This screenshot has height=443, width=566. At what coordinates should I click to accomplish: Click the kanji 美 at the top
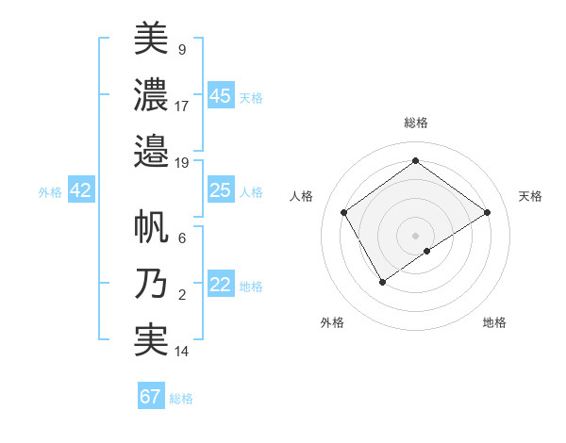click(151, 39)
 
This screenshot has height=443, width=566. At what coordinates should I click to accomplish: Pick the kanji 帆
click(151, 229)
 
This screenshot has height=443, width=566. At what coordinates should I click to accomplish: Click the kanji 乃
click(151, 284)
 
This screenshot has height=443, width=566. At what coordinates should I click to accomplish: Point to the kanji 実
click(151, 339)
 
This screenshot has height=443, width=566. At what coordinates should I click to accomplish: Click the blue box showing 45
click(220, 95)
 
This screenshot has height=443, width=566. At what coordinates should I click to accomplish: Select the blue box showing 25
click(220, 190)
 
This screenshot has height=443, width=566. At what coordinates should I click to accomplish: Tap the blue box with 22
click(220, 285)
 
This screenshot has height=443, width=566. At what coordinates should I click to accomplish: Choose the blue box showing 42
click(81, 190)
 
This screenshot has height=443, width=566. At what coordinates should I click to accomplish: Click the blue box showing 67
click(151, 397)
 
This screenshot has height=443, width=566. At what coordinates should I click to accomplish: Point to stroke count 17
click(182, 107)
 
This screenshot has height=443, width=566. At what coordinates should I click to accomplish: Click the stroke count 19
click(182, 162)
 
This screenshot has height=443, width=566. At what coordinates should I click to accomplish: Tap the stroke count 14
click(182, 353)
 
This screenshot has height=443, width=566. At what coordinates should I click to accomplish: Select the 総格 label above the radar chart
click(415, 123)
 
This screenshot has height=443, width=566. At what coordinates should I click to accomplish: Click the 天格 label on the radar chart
click(530, 196)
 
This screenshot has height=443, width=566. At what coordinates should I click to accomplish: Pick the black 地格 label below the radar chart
click(494, 322)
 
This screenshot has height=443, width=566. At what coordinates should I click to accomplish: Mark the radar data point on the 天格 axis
click(487, 212)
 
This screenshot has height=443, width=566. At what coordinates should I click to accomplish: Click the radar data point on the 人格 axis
click(344, 212)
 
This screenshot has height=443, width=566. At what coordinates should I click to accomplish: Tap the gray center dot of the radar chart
click(415, 234)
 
